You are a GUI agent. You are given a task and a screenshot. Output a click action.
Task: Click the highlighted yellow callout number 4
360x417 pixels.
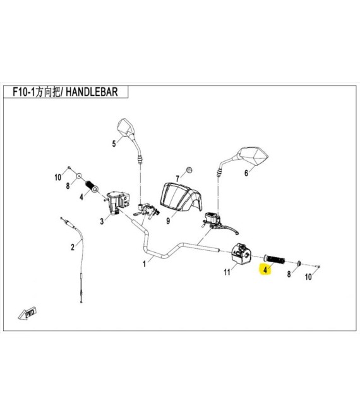[x=265, y=270]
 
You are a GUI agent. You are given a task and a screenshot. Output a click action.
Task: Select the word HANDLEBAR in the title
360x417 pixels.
[x=92, y=92]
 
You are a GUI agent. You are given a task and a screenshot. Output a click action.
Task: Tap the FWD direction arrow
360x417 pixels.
[x=27, y=313]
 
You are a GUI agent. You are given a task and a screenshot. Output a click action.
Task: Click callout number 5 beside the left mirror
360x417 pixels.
[x=114, y=144]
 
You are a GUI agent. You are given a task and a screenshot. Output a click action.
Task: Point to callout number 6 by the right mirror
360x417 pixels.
[x=246, y=173]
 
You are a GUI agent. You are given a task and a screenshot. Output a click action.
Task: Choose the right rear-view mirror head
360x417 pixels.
[x=253, y=156]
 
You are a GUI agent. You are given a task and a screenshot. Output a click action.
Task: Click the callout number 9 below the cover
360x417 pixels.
[x=168, y=221]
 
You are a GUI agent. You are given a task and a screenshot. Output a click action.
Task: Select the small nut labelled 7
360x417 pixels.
[x=189, y=169]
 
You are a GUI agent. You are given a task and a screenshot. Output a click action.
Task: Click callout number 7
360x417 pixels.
[x=177, y=178]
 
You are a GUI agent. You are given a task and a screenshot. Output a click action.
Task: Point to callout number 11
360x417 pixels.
[x=227, y=272]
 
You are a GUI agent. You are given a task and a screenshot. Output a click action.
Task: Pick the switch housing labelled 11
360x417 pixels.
[x=241, y=254]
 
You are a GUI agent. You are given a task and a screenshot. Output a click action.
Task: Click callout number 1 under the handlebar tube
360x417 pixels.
[x=144, y=264]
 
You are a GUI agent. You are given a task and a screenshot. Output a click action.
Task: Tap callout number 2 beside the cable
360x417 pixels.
[x=73, y=247]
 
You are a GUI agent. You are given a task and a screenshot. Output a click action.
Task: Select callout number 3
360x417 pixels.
[x=102, y=221]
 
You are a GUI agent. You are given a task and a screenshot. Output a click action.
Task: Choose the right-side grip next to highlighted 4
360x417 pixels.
[x=274, y=259]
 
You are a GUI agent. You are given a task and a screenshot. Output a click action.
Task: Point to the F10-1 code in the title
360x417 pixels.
[x=24, y=92]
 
